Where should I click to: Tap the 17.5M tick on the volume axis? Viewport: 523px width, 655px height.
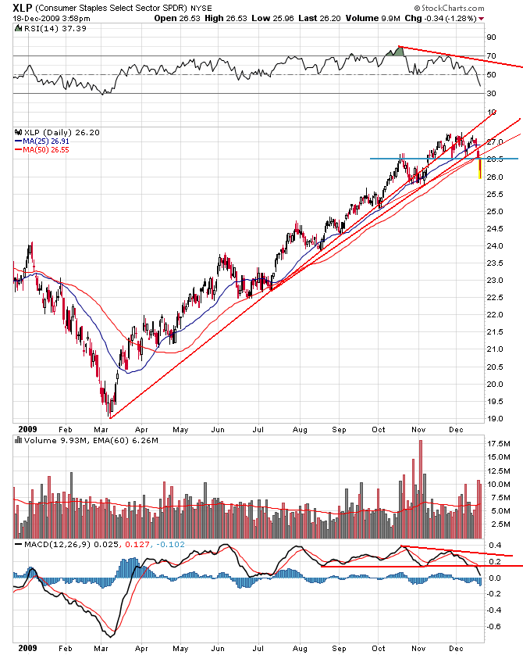pos(498,443)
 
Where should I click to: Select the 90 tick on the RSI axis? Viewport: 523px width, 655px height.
pos(491,37)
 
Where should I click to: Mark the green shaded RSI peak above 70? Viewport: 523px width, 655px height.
pos(397,52)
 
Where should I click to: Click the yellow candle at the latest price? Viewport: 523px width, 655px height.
pos(479,168)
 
